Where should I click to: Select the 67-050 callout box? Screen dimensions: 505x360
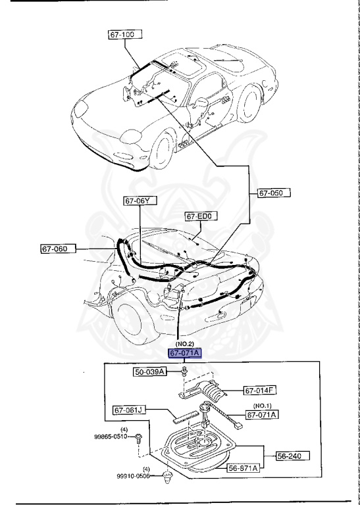[273, 193]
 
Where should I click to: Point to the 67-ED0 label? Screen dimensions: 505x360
[201, 216]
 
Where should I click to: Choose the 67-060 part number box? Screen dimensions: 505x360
[58, 249]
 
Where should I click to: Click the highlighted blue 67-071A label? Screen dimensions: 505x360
[184, 353]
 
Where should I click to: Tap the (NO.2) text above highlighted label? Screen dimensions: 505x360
[184, 344]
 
